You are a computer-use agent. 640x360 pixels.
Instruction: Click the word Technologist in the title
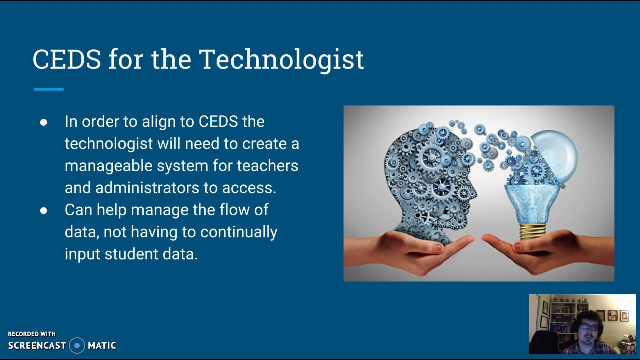click(x=281, y=60)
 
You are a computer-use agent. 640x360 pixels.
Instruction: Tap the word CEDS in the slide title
click(x=67, y=60)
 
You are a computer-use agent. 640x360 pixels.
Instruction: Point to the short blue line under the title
click(x=48, y=89)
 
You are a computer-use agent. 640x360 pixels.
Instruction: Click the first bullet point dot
click(x=44, y=122)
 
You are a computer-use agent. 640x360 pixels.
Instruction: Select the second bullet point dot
click(x=44, y=210)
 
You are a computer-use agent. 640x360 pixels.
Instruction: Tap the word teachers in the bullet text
click(x=267, y=166)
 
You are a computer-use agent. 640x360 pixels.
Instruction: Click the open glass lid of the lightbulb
click(x=555, y=152)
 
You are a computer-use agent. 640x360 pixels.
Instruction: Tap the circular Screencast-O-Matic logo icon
click(x=77, y=345)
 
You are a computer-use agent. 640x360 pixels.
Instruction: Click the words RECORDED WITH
click(x=32, y=334)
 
